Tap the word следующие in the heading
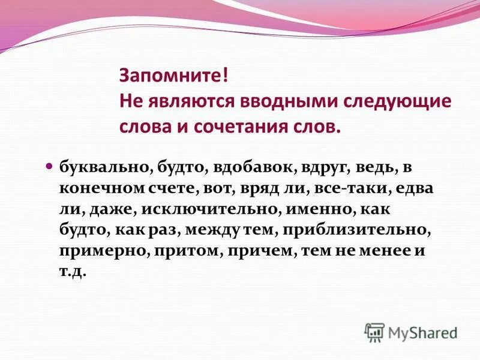(x=396, y=101)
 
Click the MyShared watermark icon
(x=374, y=332)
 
